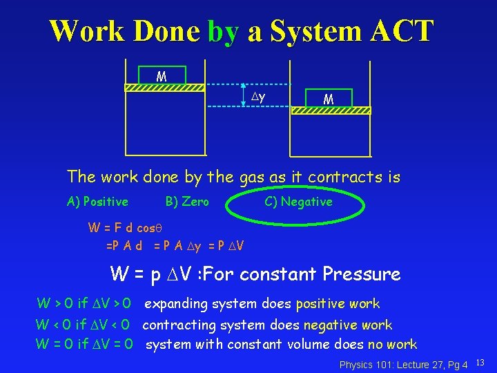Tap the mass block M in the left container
(162, 75)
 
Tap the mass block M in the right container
(329, 99)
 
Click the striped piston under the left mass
(164, 88)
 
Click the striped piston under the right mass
(330, 111)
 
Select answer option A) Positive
(97, 202)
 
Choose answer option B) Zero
(187, 202)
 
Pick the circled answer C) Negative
(298, 202)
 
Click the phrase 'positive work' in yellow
(338, 304)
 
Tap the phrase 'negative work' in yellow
(349, 325)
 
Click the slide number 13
(481, 363)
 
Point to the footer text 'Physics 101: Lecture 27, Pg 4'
(404, 364)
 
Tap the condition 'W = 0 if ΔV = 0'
(85, 344)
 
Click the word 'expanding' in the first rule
(176, 304)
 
